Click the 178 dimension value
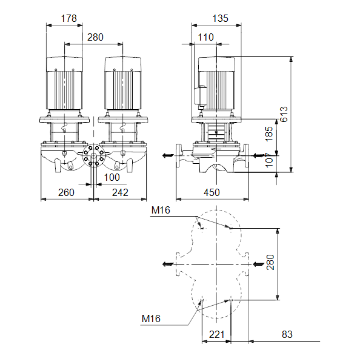pyautogui.click(x=68, y=18)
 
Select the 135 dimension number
pyautogui.click(x=221, y=18)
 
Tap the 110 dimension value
pyautogui.click(x=205, y=37)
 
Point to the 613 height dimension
pyautogui.click(x=284, y=114)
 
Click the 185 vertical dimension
pyautogui.click(x=269, y=134)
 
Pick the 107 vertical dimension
pyautogui.click(x=269, y=160)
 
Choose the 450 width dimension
pyautogui.click(x=212, y=192)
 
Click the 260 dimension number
pyautogui.click(x=66, y=192)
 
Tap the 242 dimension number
pyautogui.click(x=120, y=192)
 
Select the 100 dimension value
pyautogui.click(x=112, y=178)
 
